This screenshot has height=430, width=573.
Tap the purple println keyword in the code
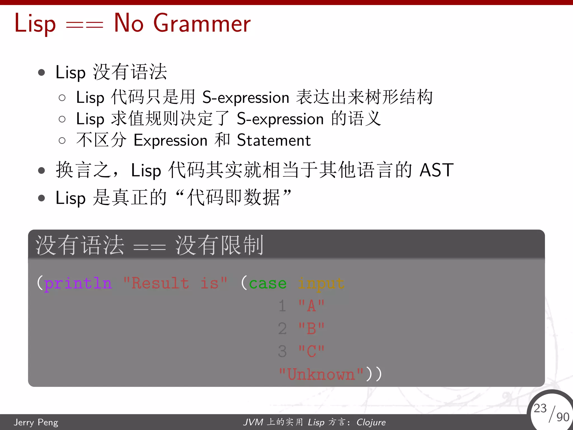[x=78, y=283]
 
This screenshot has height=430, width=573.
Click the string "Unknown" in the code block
[x=321, y=374]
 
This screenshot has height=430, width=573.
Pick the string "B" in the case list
[x=311, y=329]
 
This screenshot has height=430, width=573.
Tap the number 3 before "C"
[x=282, y=351]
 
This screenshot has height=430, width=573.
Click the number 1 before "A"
[x=282, y=306]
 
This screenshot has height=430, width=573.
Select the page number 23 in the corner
[x=540, y=408]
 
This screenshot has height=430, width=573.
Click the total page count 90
[x=563, y=417]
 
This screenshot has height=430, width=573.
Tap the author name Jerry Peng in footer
[x=36, y=422]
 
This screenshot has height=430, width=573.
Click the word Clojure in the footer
[x=371, y=422]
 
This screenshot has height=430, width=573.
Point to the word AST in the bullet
[x=436, y=170]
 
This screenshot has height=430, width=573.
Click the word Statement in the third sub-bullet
[x=274, y=141]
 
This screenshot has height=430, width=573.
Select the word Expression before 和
[x=170, y=141]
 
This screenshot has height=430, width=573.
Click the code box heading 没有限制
[x=219, y=245]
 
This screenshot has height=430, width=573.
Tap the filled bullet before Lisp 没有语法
[x=41, y=73]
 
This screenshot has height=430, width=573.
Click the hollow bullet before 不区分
[x=62, y=141]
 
